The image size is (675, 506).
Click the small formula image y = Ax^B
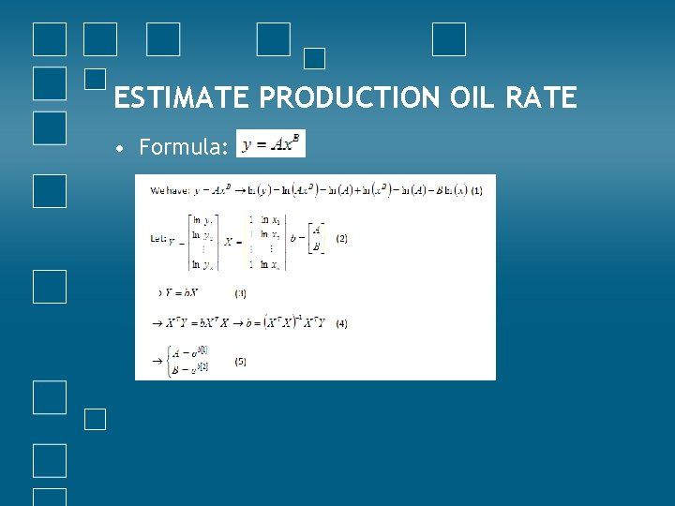pyautogui.click(x=270, y=144)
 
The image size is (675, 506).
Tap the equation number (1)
pyautogui.click(x=476, y=190)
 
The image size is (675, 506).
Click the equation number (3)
pyautogui.click(x=241, y=293)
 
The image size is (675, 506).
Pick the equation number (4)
pyautogui.click(x=340, y=323)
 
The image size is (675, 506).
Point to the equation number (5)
pyautogui.click(x=241, y=361)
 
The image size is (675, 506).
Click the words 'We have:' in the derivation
pyautogui.click(x=170, y=190)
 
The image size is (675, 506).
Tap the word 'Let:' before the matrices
pyautogui.click(x=158, y=239)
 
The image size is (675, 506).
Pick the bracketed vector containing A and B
pyautogui.click(x=317, y=239)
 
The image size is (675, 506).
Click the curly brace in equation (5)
pyautogui.click(x=169, y=360)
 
